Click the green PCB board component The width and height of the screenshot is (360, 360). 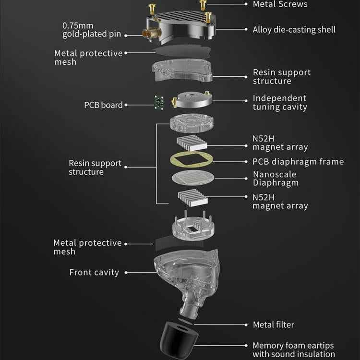(x=159, y=102)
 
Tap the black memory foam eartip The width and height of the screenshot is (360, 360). (x=179, y=340)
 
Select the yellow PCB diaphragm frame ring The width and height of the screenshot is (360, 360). (x=191, y=159)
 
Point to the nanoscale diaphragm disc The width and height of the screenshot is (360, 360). (x=193, y=178)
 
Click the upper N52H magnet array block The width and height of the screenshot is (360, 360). (x=192, y=143)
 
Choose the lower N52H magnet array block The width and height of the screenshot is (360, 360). (x=192, y=197)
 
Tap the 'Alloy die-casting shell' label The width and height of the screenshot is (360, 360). (x=294, y=30)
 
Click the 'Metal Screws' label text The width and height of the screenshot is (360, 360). (x=280, y=4)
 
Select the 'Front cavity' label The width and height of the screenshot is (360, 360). (x=94, y=272)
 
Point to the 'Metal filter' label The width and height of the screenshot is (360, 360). (x=274, y=324)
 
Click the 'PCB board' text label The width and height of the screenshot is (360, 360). (x=103, y=105)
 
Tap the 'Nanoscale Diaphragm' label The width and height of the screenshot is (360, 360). (x=276, y=179)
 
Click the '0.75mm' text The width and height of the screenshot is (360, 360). (x=78, y=25)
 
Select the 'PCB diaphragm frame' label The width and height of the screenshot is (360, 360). (x=298, y=162)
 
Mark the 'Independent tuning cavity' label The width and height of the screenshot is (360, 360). (x=280, y=103)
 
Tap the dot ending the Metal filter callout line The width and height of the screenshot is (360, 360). (x=246, y=324)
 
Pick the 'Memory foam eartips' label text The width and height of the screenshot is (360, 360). (x=293, y=346)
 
